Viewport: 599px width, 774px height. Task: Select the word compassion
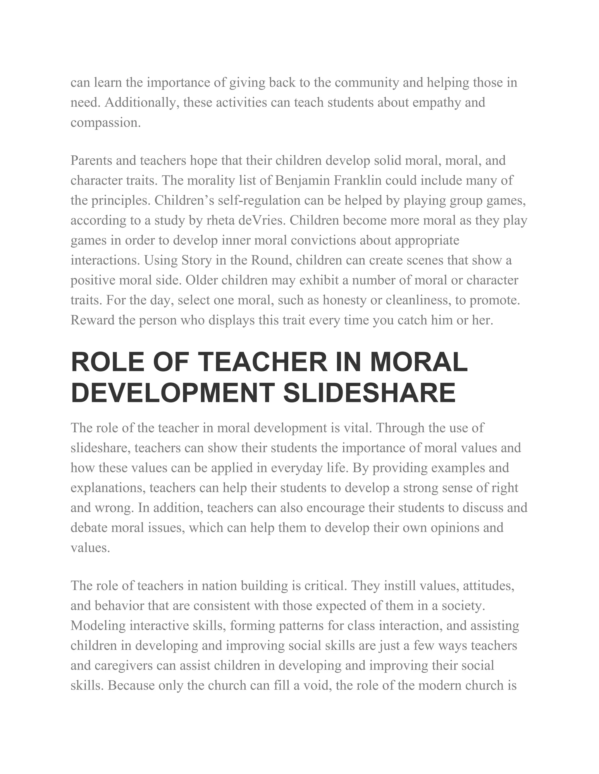point(105,123)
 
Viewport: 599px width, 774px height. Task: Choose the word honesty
point(344,300)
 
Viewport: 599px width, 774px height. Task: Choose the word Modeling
point(98,626)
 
